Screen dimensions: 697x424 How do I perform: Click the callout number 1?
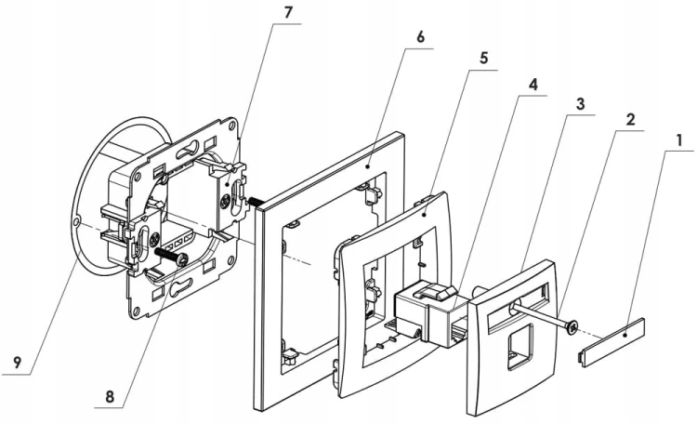pos(678,140)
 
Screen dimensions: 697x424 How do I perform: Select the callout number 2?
pos(630,120)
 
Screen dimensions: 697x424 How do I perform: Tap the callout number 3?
pos(580,104)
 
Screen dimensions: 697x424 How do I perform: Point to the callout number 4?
pos(533,85)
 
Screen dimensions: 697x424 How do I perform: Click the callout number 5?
pos(483,59)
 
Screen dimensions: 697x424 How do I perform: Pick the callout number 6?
pos(420,37)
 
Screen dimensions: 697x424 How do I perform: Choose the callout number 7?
pos(288,12)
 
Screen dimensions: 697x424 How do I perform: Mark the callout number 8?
pos(110,396)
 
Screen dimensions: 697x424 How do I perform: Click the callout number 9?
pos(17,363)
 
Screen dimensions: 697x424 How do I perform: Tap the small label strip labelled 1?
pos(612,342)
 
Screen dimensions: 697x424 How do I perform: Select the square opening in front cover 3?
pos(520,346)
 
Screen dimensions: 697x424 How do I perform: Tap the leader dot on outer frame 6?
pos(368,166)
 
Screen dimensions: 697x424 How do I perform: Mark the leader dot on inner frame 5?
pos(425,215)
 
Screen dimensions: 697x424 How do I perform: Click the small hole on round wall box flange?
pos(78,221)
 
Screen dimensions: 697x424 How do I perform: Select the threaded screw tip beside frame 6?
pos(256,202)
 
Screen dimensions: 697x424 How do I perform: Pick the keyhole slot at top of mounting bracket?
pos(188,151)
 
